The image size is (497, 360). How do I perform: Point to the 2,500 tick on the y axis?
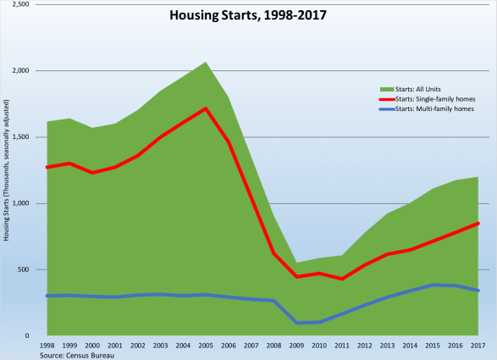[x=20, y=5]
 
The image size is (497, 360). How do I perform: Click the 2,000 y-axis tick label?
[x=20, y=71]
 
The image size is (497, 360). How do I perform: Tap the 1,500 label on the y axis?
[x=20, y=137]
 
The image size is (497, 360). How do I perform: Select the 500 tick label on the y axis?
[x=24, y=270]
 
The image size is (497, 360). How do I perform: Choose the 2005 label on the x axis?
[x=206, y=346]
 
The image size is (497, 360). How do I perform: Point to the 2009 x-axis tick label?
[x=297, y=346]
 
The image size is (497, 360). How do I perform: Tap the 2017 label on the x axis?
[x=479, y=346]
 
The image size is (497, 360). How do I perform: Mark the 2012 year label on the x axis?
[x=366, y=346]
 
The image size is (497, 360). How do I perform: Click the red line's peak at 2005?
[x=206, y=108]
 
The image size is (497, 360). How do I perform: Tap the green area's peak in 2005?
[x=206, y=62]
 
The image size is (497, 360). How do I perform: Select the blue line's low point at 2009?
[x=297, y=323]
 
